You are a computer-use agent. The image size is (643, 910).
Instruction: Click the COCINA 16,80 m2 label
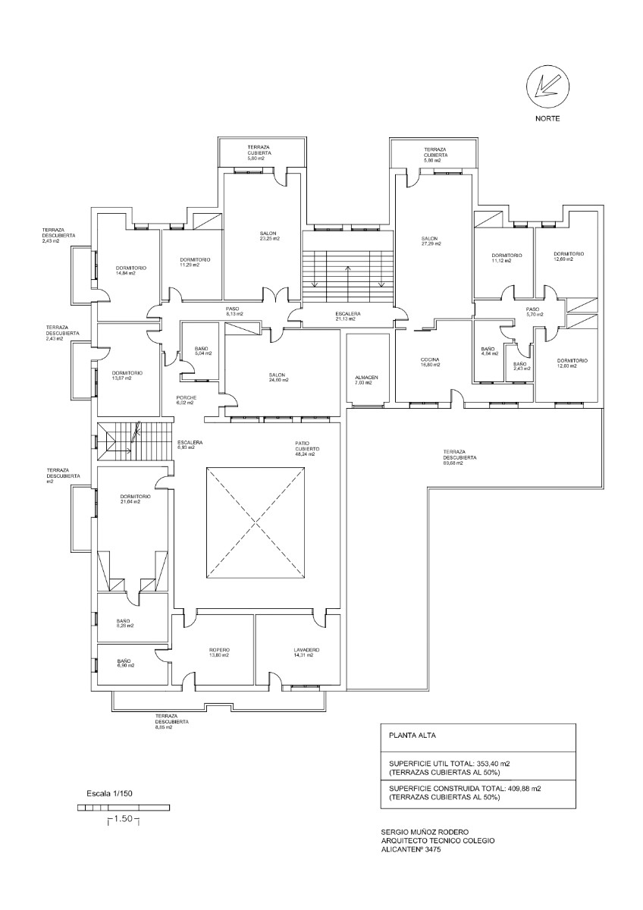tap(431, 362)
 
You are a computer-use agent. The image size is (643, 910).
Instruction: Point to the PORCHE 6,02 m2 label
tap(187, 400)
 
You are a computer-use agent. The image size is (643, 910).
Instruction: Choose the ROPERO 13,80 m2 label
tap(219, 652)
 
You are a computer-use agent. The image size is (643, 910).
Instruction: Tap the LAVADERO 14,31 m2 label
tap(306, 652)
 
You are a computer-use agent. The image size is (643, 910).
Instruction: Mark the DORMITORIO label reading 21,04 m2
tap(135, 499)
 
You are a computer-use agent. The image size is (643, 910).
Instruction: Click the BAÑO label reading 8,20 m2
tap(124, 623)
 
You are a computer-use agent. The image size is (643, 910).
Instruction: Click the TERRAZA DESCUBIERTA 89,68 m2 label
tap(460, 457)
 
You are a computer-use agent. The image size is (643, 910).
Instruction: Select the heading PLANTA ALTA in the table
tap(412, 736)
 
